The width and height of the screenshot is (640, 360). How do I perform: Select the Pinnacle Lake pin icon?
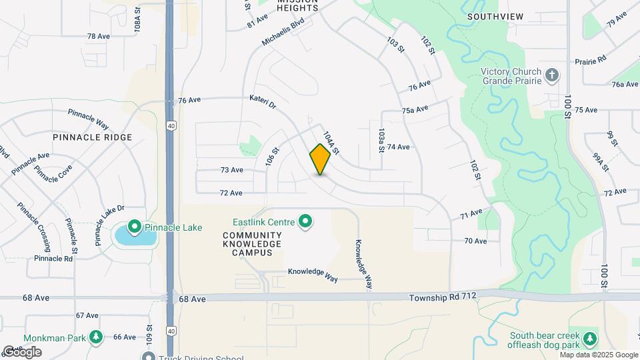pos(134,228)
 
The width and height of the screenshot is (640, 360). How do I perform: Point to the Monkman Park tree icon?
pos(96,337)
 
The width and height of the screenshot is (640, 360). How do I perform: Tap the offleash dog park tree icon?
pos(589,340)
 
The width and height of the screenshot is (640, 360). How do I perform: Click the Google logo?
pos(21,351)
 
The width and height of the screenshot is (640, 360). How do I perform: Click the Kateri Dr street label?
pos(262,103)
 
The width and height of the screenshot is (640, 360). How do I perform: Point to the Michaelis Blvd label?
pos(283,32)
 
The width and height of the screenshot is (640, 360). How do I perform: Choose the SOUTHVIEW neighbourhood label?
pos(495,16)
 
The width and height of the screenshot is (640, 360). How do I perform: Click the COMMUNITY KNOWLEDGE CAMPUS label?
pos(252,244)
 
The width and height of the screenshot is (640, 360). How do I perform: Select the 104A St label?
pos(331,142)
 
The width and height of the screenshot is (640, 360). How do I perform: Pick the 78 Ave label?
pos(99,36)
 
